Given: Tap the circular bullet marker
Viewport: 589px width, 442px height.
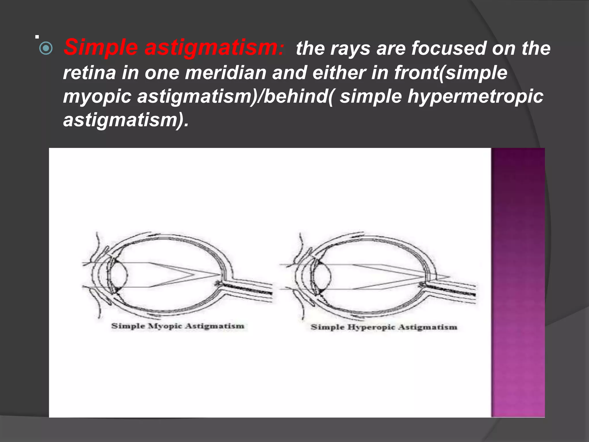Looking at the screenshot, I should (x=46, y=49).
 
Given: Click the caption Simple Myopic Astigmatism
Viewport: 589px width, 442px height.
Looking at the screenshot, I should (x=177, y=326).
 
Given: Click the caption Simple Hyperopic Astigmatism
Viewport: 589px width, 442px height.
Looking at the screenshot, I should (x=384, y=327).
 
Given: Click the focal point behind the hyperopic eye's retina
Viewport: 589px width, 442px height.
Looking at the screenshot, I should (x=449, y=277).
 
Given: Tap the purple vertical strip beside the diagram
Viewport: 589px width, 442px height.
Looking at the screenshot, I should (x=518, y=282).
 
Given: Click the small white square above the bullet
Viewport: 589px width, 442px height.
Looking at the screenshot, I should (x=37, y=37).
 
